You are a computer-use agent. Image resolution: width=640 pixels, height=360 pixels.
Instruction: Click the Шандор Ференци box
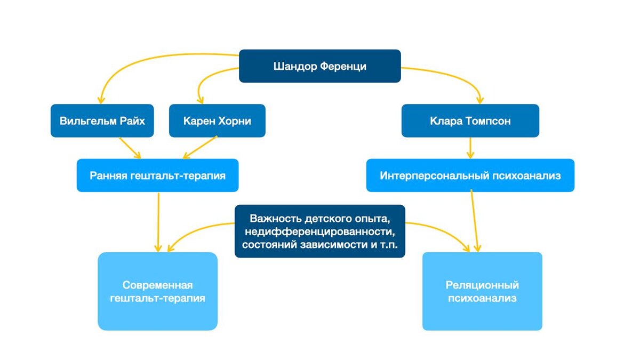click(319, 66)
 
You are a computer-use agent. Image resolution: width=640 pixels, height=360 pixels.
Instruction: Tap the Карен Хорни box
click(217, 121)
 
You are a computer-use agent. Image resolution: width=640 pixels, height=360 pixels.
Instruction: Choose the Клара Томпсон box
click(470, 121)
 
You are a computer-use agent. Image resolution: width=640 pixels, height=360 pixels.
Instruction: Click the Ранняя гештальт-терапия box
click(157, 175)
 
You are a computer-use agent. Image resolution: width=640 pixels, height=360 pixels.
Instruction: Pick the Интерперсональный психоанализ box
click(470, 175)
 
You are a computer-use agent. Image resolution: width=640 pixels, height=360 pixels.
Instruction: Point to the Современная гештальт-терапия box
click(157, 291)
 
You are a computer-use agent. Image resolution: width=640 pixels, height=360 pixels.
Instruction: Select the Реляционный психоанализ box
click(482, 291)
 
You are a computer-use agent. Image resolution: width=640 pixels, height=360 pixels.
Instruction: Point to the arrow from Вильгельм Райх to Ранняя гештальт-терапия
click(130, 148)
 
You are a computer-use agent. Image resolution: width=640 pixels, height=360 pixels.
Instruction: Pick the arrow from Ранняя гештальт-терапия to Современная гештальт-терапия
click(158, 221)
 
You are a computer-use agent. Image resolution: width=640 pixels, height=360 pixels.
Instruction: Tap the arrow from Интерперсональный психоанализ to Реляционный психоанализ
click(475, 221)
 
